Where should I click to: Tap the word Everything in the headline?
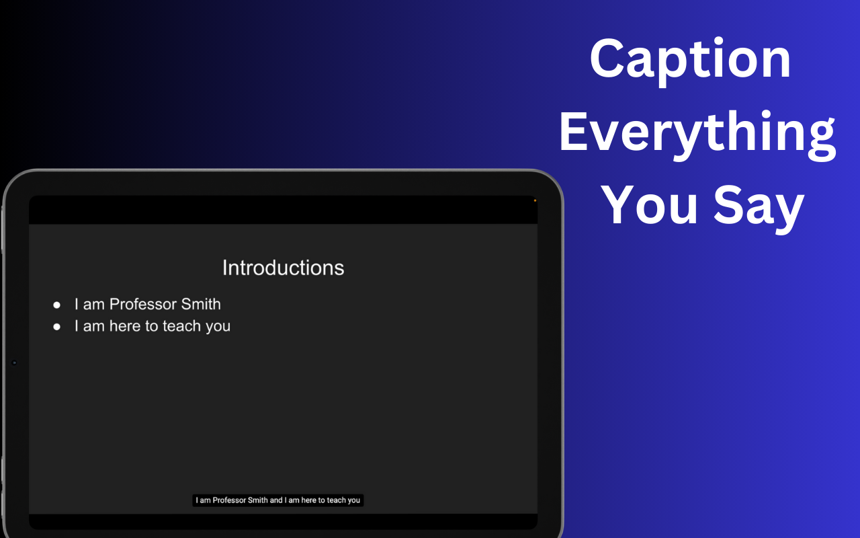tap(697, 132)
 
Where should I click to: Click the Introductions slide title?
tap(283, 268)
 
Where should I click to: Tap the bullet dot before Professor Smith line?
tap(57, 305)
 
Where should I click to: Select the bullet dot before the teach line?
tap(57, 327)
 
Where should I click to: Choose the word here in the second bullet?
tap(125, 326)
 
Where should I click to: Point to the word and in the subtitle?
tap(276, 500)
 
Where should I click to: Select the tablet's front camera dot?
tap(14, 363)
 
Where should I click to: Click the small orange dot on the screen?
tap(535, 200)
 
